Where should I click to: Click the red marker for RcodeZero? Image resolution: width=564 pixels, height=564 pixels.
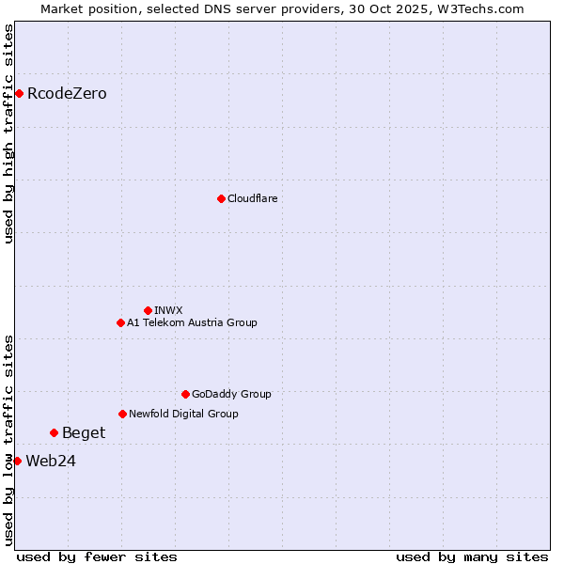(19, 93)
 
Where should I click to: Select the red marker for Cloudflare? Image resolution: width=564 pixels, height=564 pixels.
(221, 198)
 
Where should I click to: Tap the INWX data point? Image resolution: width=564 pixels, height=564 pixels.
(148, 310)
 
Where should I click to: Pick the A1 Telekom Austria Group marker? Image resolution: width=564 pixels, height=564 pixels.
(120, 322)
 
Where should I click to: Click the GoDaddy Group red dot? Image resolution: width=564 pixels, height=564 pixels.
(185, 394)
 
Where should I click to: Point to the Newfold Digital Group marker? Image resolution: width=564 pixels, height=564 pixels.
(122, 414)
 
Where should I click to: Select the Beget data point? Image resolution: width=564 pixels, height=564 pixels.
(54, 432)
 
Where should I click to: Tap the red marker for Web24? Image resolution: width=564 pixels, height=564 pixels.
(17, 461)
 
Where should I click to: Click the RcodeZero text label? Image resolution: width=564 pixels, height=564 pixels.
(67, 94)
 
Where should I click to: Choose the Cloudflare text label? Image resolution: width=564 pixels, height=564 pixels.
(253, 199)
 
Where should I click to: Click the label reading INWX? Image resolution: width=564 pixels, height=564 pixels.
(168, 311)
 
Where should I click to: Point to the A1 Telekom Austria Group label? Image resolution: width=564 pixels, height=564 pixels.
(192, 323)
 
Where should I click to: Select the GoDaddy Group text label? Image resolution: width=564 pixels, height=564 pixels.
(231, 395)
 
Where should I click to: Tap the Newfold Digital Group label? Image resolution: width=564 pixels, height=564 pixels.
(183, 415)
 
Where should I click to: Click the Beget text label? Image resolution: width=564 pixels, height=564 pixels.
(84, 433)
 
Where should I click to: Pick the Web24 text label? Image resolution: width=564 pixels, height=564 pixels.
(51, 462)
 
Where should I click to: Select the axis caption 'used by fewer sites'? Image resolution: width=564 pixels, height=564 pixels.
(97, 556)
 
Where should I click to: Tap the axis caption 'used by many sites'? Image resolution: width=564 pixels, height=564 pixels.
(472, 556)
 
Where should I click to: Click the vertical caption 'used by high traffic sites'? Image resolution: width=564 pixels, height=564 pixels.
(8, 133)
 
